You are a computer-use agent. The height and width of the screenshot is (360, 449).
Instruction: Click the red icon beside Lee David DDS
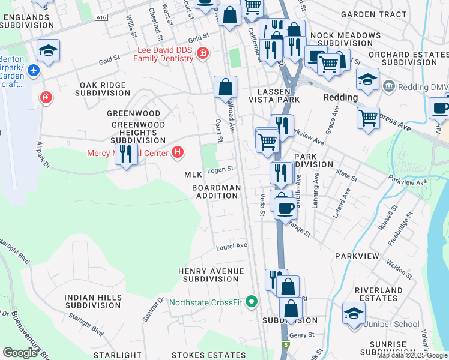[202, 53]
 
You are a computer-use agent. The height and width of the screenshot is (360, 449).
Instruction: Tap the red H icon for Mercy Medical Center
[177, 152]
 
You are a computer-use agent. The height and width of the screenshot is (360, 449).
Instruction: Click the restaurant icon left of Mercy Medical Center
[126, 154]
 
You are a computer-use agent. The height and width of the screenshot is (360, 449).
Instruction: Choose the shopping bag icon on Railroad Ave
[225, 87]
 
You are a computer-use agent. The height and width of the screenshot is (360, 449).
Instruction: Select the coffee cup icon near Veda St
[285, 208]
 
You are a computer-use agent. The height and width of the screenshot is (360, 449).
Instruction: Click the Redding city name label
[340, 97]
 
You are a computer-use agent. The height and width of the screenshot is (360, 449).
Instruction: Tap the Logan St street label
[220, 170]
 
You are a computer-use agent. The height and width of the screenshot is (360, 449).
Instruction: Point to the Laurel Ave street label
[232, 246]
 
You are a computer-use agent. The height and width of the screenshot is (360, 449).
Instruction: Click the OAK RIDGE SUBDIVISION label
[103, 89]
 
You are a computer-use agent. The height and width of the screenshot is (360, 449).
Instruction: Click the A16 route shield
[101, 19]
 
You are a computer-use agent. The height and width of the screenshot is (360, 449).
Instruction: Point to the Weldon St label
[398, 267]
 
